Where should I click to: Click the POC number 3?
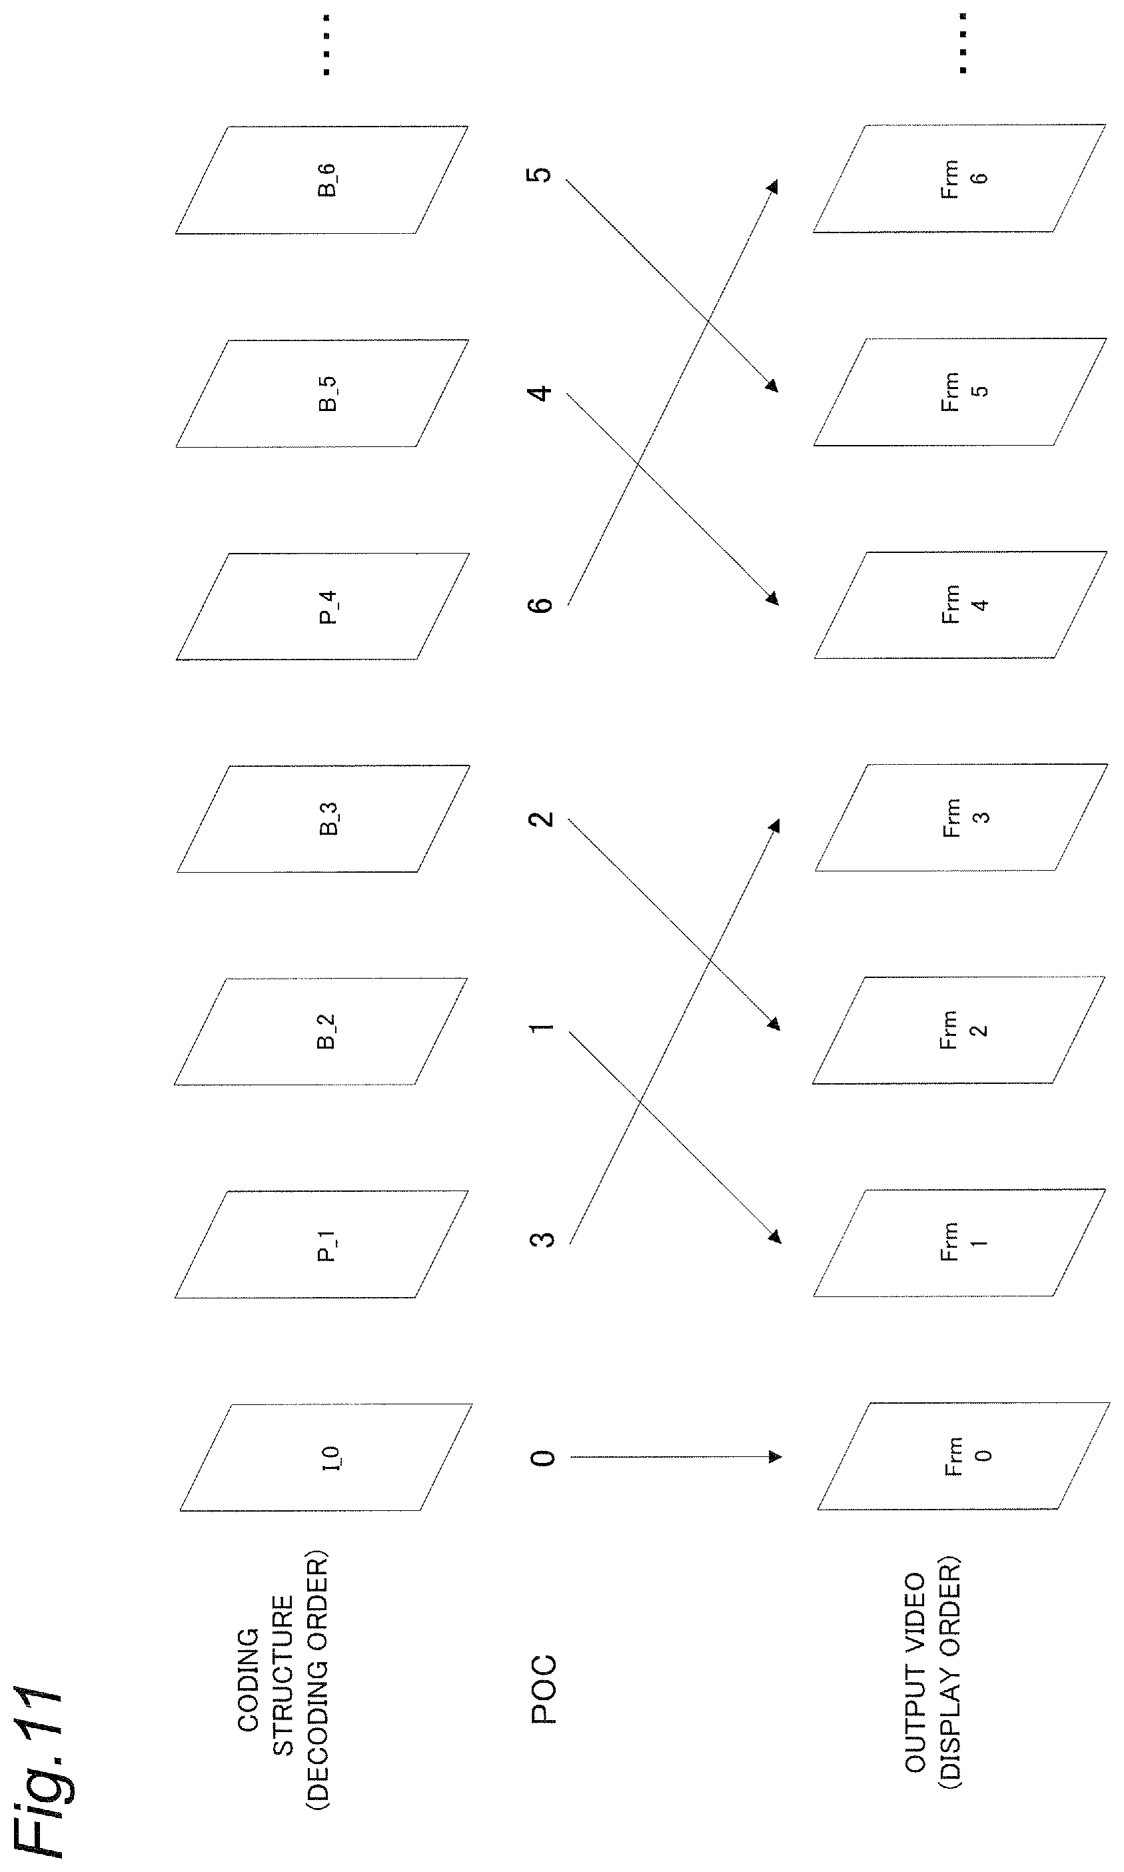(x=542, y=1240)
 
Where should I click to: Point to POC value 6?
(x=541, y=604)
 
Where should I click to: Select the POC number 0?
(x=542, y=1458)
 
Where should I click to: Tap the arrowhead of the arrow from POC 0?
(x=775, y=1456)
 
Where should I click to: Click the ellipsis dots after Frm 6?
(x=963, y=43)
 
